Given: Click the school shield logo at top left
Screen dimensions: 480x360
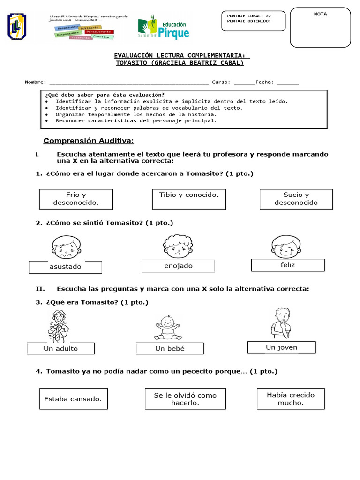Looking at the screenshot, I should [17, 26].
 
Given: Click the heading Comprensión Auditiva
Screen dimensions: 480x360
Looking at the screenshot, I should [89, 141].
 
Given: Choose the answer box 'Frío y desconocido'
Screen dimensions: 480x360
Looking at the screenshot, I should [76, 199].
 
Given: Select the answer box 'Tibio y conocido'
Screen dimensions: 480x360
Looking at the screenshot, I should [189, 199].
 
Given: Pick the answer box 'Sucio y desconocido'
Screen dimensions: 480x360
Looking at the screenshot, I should [296, 199].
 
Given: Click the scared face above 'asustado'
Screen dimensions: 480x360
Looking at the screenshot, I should [66, 247].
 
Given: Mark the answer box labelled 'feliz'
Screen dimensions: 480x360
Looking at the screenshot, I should [287, 265].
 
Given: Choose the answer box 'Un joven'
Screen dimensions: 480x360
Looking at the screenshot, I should [281, 347].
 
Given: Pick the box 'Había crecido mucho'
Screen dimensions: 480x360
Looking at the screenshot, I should [291, 398].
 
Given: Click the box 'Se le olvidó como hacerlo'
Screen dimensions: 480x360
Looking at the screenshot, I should [185, 398].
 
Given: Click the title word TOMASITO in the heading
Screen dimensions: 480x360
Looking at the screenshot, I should [132, 62].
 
